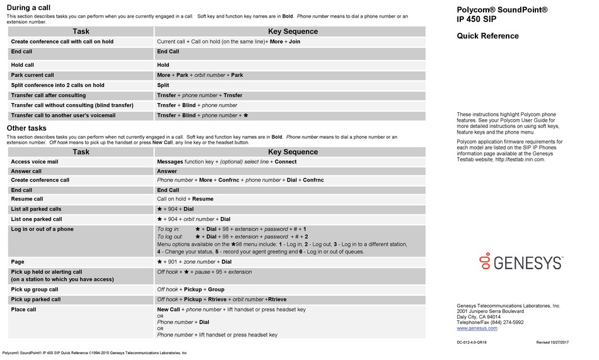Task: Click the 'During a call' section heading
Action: pos(28,8)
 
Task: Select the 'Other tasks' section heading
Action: pos(26,128)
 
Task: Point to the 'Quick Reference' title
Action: pos(487,36)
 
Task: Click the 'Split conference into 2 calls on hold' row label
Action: pos(57,85)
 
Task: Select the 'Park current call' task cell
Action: pos(33,75)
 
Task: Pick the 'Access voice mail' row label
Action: pos(35,161)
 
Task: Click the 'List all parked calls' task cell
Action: pos(37,209)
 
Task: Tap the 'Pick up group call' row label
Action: pos(35,289)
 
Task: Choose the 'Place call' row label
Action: pos(24,310)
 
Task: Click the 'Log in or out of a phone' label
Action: pos(42,229)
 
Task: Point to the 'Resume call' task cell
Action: pos(27,199)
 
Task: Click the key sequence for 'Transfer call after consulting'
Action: pos(199,95)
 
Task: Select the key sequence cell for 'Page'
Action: pos(194,262)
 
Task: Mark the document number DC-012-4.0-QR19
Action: pos(472,342)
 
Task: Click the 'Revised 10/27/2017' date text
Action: pos(552,342)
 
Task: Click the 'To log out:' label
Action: pos(171,236)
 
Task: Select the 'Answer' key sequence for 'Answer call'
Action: pos(167,171)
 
